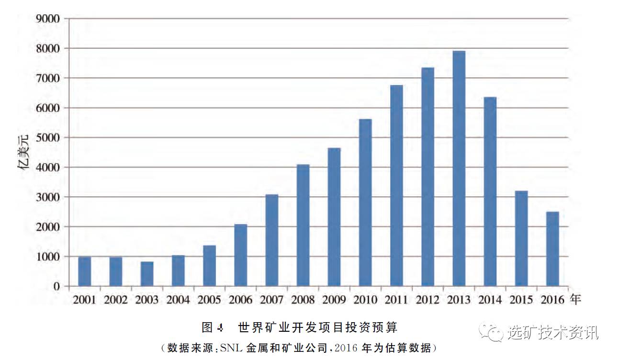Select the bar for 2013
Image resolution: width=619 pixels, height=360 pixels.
[459, 169]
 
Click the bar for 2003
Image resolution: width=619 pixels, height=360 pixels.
[147, 274]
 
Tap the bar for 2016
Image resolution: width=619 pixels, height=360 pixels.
[552, 249]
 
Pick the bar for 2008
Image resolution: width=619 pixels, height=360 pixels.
[303, 225]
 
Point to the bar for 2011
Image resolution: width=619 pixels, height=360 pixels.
[396, 186]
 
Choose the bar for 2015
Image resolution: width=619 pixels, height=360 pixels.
[521, 238]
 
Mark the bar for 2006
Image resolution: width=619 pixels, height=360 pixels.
[241, 255]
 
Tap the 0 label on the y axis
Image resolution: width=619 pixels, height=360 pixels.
[56, 286]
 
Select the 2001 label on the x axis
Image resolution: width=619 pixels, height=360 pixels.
[84, 300]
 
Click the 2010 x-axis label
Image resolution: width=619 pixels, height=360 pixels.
[365, 300]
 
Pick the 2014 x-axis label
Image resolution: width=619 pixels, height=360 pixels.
[490, 300]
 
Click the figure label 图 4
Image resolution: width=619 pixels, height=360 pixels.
[213, 328]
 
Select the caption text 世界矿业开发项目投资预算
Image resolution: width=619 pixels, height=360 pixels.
[317, 328]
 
